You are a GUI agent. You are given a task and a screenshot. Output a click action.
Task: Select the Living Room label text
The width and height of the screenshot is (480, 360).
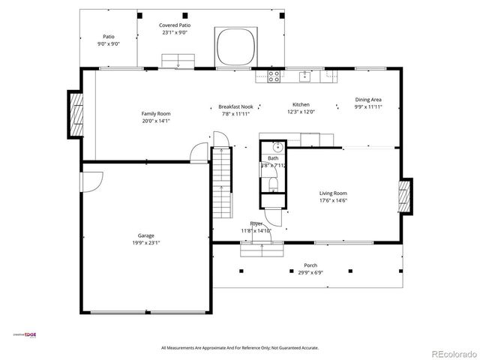(x=333, y=193)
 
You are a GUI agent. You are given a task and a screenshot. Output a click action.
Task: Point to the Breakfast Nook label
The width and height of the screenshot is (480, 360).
(x=235, y=106)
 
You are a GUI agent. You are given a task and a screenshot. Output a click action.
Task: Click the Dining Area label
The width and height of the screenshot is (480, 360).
(x=368, y=100)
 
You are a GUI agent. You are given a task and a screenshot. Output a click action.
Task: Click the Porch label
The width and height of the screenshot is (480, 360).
(x=310, y=265)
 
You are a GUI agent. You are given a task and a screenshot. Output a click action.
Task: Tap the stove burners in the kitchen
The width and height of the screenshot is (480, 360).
(x=274, y=75)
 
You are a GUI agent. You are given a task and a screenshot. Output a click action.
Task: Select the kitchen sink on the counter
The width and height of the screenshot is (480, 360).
(x=305, y=75)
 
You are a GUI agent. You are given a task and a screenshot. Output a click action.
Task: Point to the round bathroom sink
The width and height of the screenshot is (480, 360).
(x=276, y=147)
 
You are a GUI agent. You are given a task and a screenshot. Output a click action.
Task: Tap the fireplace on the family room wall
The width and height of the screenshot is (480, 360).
(x=76, y=115)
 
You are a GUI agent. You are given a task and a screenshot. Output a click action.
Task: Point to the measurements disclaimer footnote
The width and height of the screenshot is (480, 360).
(x=240, y=348)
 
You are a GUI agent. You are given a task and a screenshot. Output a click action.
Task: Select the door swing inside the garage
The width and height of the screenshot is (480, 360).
(x=91, y=181)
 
